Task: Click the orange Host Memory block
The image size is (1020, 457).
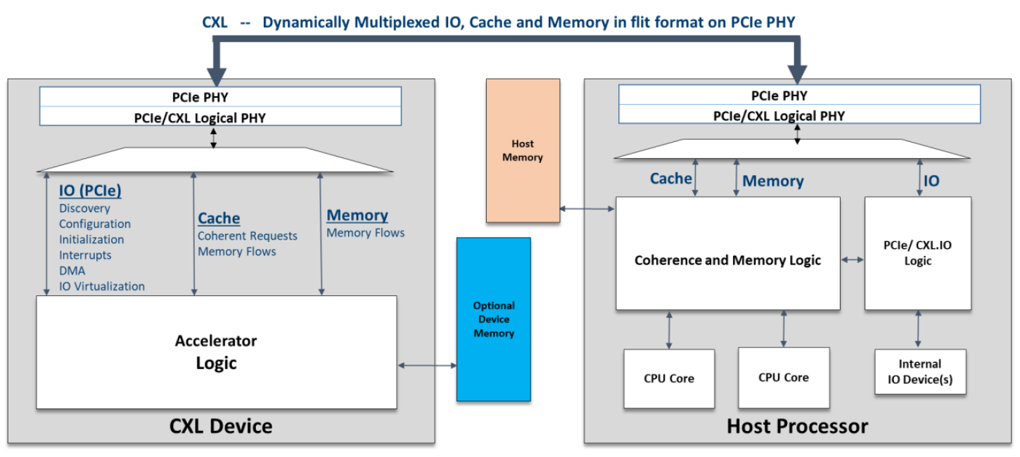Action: (523, 150)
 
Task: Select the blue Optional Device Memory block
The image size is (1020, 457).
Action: (494, 319)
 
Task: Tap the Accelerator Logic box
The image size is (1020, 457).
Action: (216, 352)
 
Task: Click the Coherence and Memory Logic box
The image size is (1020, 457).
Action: (727, 254)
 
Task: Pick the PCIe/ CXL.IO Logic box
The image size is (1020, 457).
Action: (917, 254)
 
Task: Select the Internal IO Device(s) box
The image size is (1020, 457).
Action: (920, 371)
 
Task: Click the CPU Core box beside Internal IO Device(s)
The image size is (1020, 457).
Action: (784, 378)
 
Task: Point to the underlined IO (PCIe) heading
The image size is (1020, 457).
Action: (90, 191)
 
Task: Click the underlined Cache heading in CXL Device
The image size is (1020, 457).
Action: (219, 219)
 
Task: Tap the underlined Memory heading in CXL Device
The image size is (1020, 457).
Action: (357, 215)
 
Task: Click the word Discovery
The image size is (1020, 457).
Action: (84, 209)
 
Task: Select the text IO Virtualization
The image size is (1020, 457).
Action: (102, 286)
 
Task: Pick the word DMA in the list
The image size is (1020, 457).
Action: (72, 271)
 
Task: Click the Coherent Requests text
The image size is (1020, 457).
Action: (247, 236)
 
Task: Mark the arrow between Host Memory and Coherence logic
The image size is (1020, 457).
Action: (587, 209)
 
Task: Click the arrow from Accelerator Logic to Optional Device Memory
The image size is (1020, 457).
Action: (427, 365)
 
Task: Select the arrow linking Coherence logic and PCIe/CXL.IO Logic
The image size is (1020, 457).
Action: (853, 260)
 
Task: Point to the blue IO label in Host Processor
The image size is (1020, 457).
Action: (931, 181)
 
